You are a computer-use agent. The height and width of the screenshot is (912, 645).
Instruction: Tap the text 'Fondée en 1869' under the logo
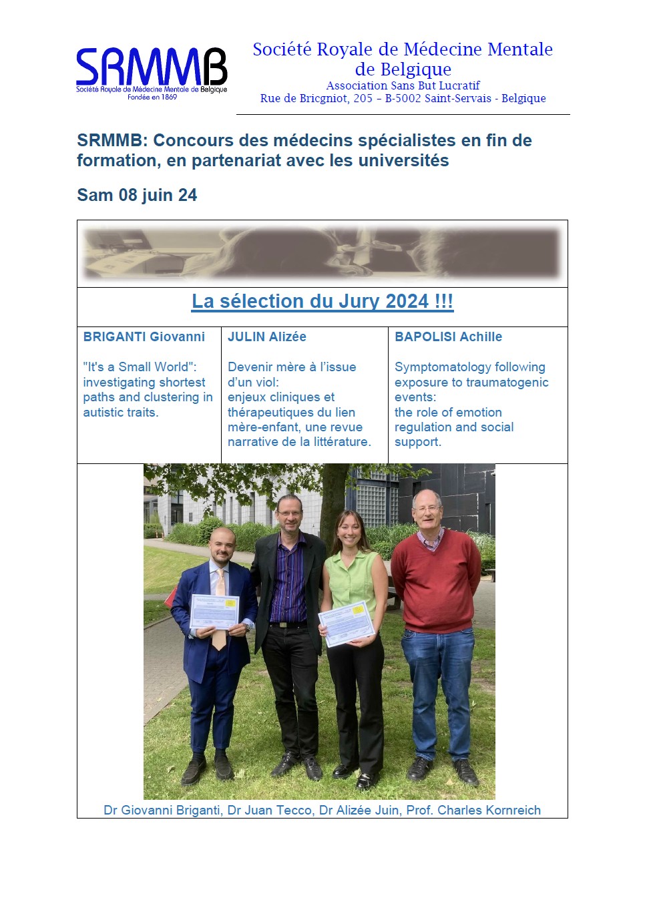click(x=152, y=97)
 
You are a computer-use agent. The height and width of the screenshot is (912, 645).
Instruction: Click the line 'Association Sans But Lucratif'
click(x=403, y=85)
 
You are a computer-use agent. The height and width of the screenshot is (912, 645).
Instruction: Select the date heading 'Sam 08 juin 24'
click(x=137, y=195)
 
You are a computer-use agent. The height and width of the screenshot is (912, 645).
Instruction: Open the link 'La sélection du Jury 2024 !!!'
click(x=322, y=302)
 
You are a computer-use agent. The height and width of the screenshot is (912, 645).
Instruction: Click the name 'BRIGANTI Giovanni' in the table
click(x=144, y=337)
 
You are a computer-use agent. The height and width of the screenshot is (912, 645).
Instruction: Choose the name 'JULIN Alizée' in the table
click(x=267, y=337)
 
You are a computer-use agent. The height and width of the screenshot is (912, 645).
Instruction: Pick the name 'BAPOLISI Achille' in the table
click(x=448, y=337)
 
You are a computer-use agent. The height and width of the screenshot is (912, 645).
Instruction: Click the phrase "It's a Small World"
click(x=140, y=367)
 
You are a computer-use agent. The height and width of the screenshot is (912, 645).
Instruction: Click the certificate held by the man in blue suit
click(x=214, y=611)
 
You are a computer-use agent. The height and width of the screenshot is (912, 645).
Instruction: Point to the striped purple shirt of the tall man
click(x=288, y=581)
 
